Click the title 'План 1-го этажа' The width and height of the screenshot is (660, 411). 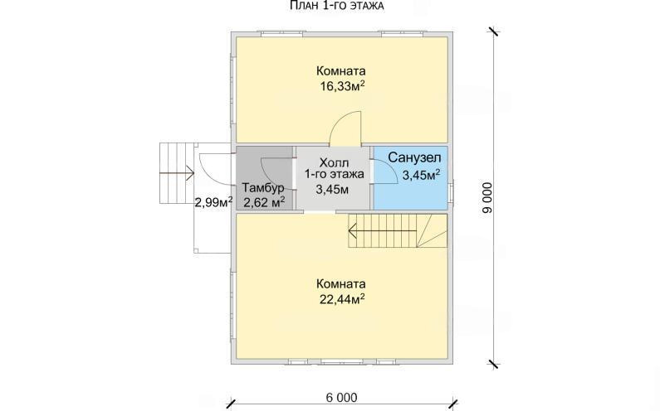point(337,6)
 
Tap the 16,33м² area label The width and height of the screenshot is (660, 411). point(342,86)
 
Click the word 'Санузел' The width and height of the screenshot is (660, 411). point(414,157)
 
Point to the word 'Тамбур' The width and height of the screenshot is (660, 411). point(263,187)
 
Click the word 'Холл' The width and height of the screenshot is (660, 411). point(335,162)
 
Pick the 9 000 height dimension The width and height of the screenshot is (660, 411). point(487,198)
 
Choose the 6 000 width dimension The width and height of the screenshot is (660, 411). point(341,397)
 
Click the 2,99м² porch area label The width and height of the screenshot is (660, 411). point(214,202)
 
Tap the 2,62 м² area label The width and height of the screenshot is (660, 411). point(264,202)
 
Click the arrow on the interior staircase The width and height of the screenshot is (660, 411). point(383,230)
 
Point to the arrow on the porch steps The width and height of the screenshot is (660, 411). point(177,172)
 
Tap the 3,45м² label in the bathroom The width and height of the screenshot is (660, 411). point(422,174)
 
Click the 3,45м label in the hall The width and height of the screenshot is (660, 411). point(332,190)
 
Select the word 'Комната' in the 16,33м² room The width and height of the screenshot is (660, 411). point(341,70)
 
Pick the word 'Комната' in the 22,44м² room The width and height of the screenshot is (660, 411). point(341,283)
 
